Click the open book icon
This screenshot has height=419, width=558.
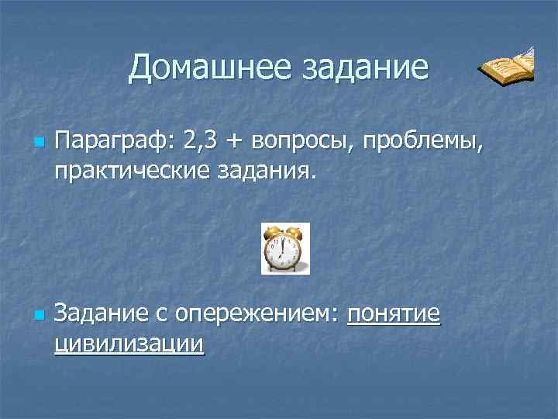(x=506, y=68)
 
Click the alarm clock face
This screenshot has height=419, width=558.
(x=284, y=251)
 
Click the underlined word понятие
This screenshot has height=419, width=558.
(x=394, y=313)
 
